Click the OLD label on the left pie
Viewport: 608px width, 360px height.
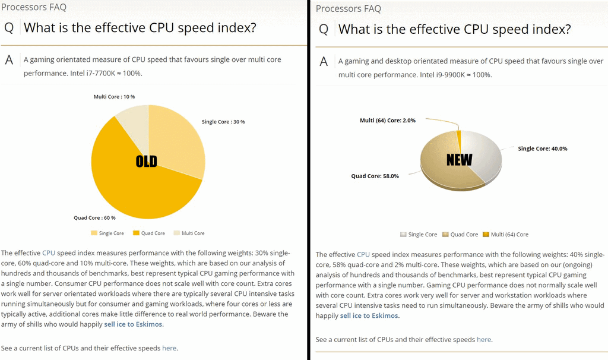pyautogui.click(x=147, y=161)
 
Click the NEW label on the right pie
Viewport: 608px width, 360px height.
pyautogui.click(x=459, y=159)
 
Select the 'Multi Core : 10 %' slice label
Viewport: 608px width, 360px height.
pyautogui.click(x=114, y=96)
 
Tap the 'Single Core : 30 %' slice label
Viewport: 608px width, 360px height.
pyautogui.click(x=223, y=122)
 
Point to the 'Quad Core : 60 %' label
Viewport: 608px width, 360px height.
pyautogui.click(x=94, y=218)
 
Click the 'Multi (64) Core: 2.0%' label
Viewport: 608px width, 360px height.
pyautogui.click(x=388, y=121)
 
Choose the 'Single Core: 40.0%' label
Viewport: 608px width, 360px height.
pyautogui.click(x=543, y=149)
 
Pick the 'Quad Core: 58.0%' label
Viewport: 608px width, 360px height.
pyautogui.click(x=375, y=176)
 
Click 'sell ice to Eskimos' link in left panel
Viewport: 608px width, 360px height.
pyautogui.click(x=134, y=324)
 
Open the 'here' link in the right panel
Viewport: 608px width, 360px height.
pyautogui.click(x=484, y=340)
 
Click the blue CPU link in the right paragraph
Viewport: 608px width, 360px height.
pyautogui.click(x=363, y=254)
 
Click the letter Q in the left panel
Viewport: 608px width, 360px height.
pyautogui.click(x=9, y=27)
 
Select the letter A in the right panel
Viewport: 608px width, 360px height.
pyautogui.click(x=324, y=61)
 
